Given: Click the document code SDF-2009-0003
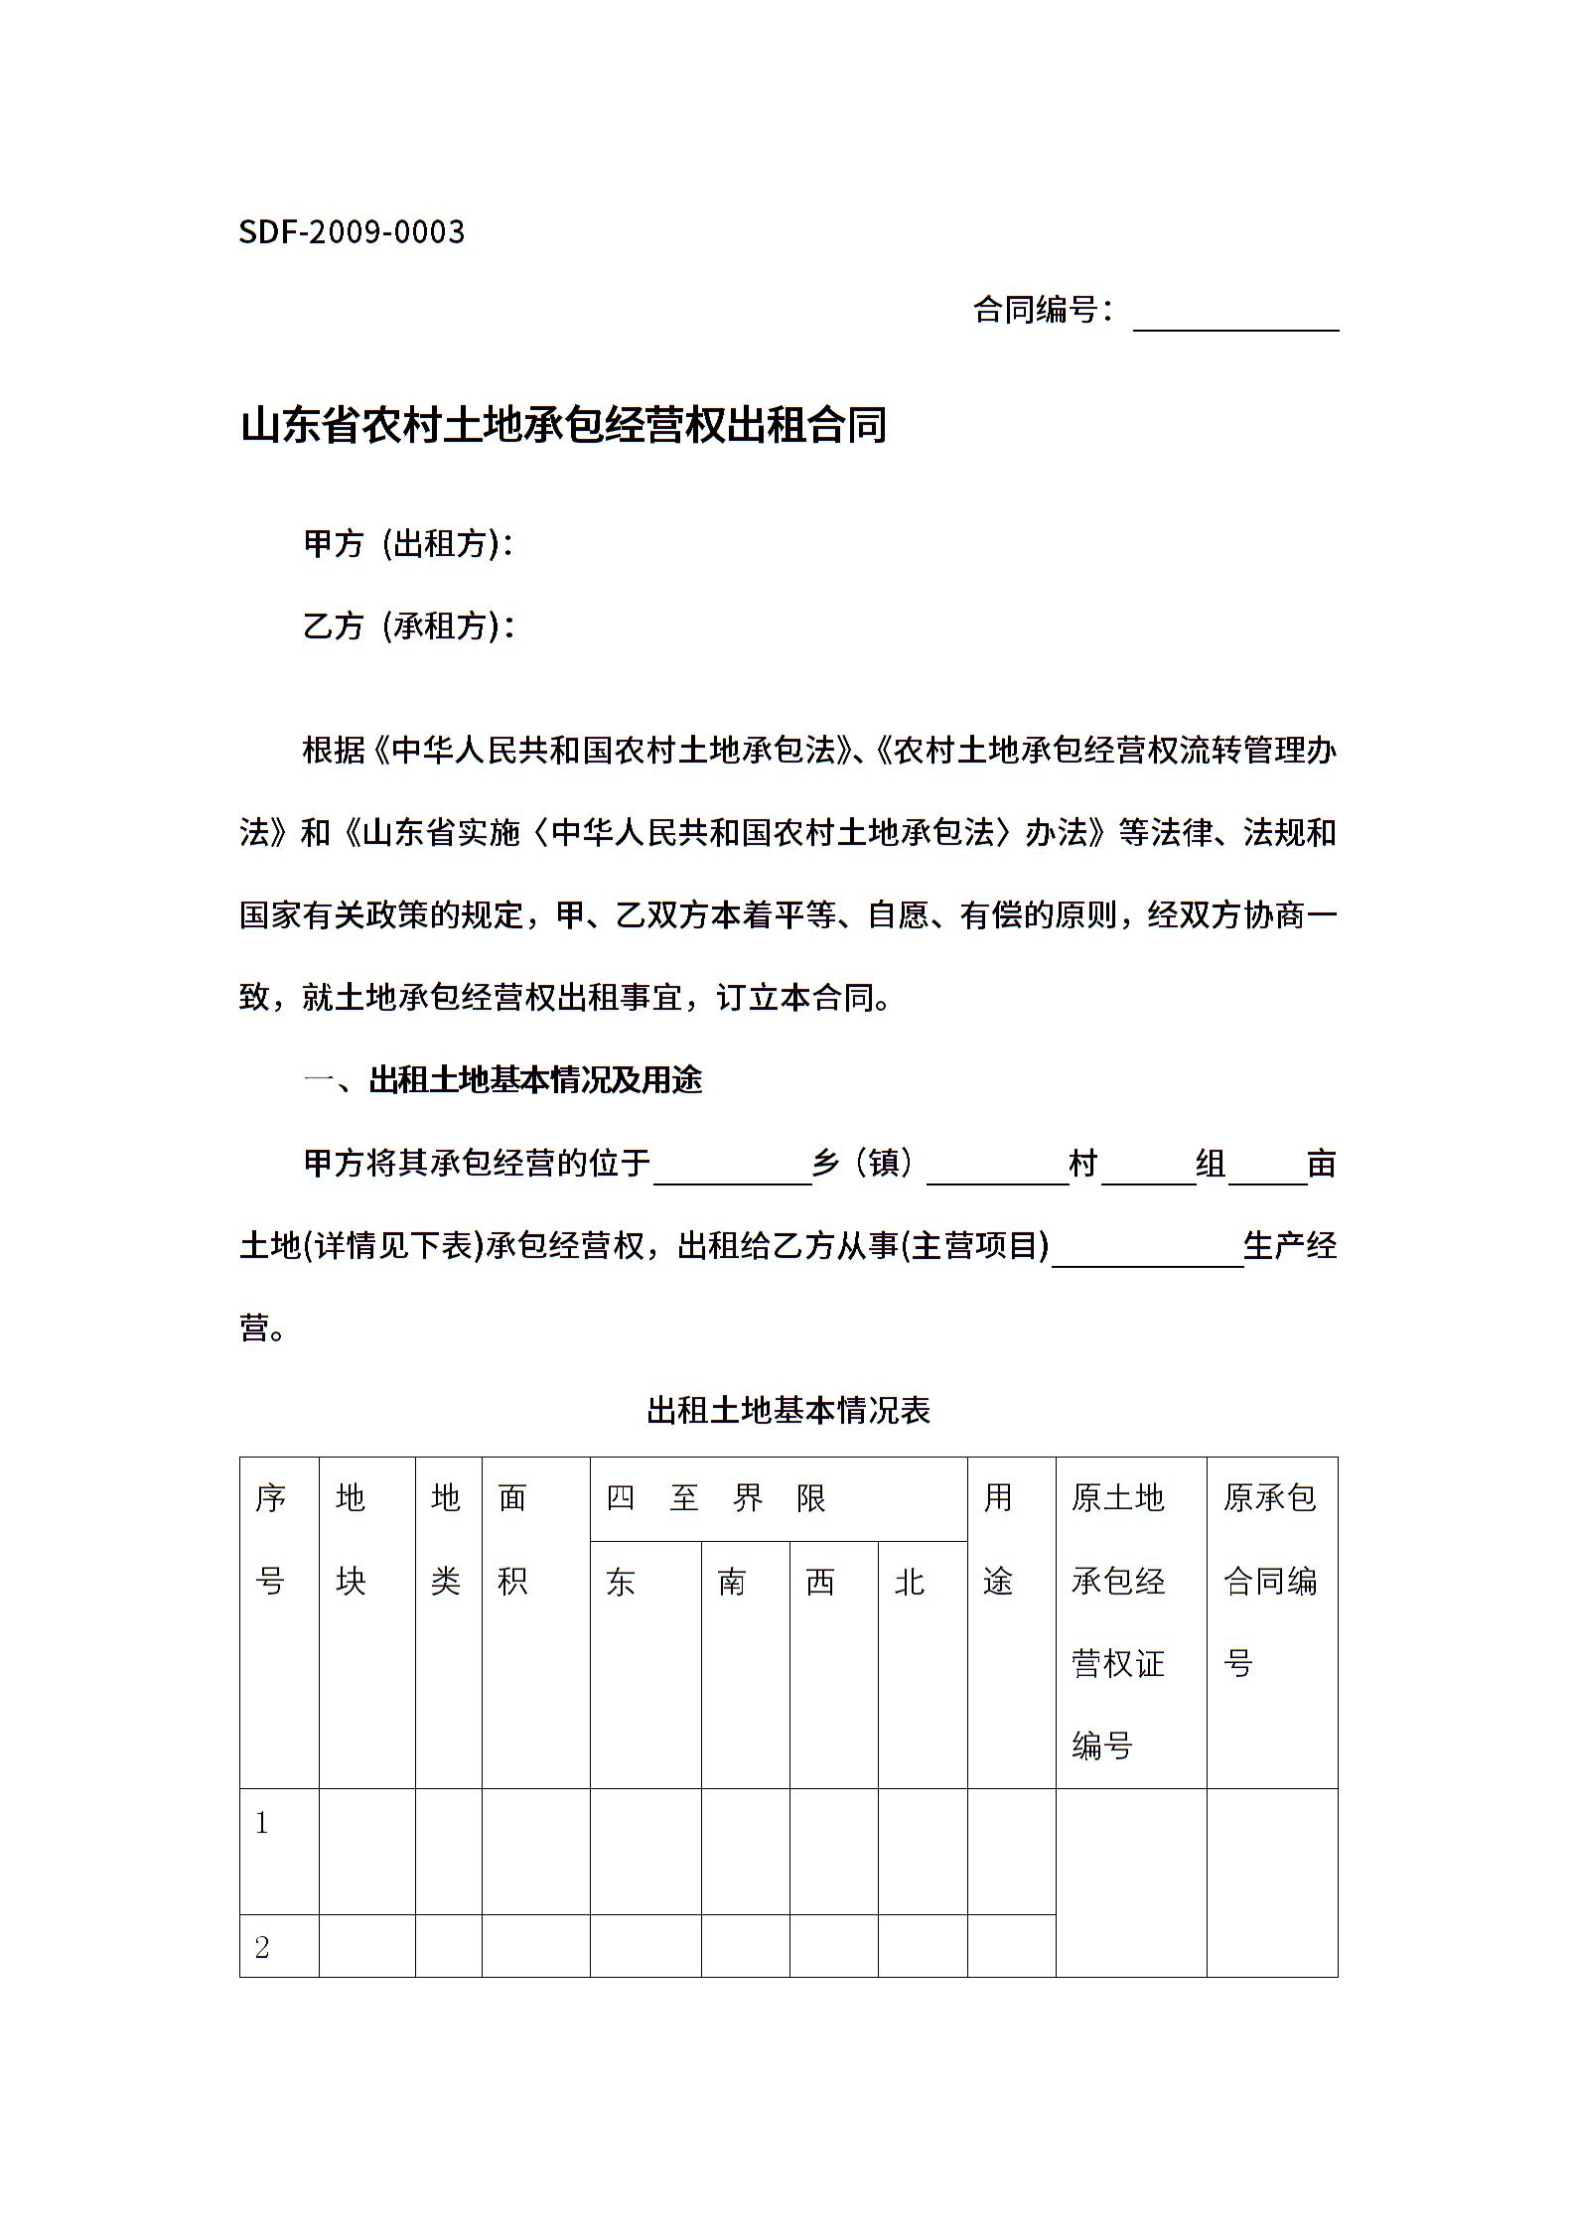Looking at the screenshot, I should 352,232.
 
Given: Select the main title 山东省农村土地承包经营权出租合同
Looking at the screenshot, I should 563,425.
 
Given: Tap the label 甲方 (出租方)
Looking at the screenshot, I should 407,543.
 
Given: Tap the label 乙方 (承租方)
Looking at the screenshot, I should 407,626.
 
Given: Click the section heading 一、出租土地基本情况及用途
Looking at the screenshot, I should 502,1080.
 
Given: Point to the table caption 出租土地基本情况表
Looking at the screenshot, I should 787,1410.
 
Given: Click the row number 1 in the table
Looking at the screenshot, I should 262,1823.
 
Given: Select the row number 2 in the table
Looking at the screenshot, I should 262,1948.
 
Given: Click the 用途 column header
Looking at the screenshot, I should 998,1539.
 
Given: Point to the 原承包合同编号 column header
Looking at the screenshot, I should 1270,1581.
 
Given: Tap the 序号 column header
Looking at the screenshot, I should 270,1539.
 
